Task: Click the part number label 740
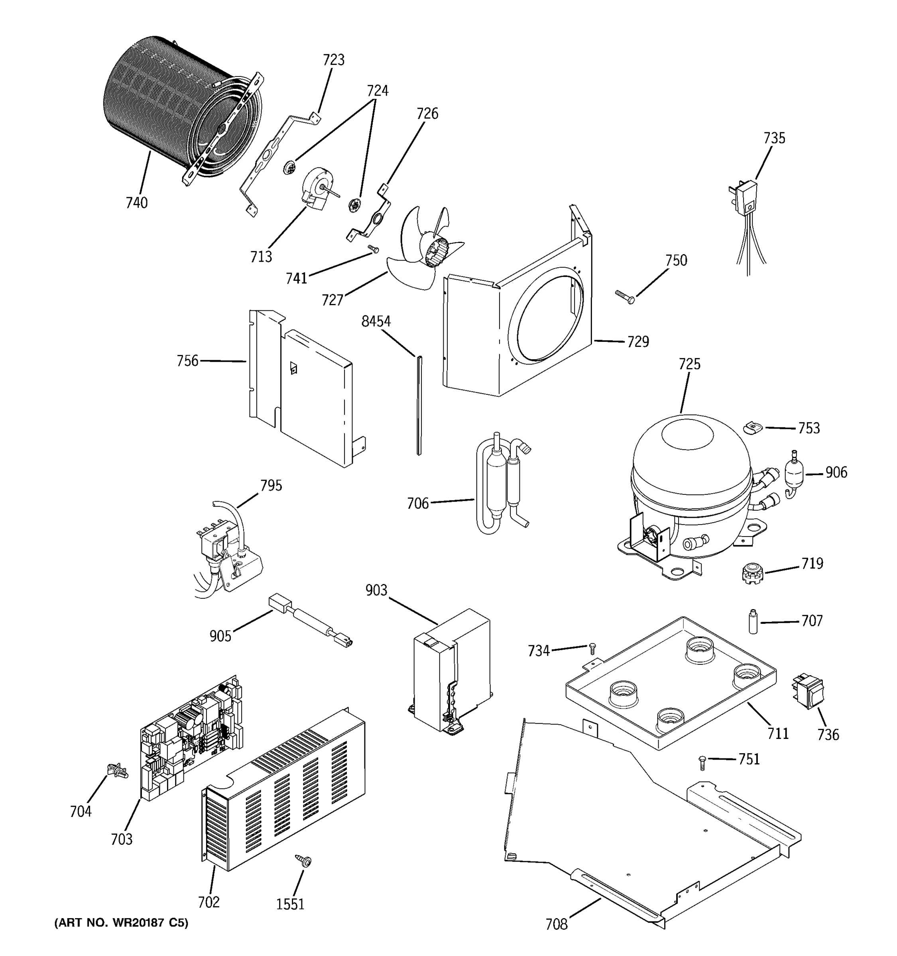click(x=137, y=203)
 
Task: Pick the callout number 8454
click(x=376, y=321)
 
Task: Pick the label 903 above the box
click(x=376, y=590)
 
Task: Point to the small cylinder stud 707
click(x=753, y=621)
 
